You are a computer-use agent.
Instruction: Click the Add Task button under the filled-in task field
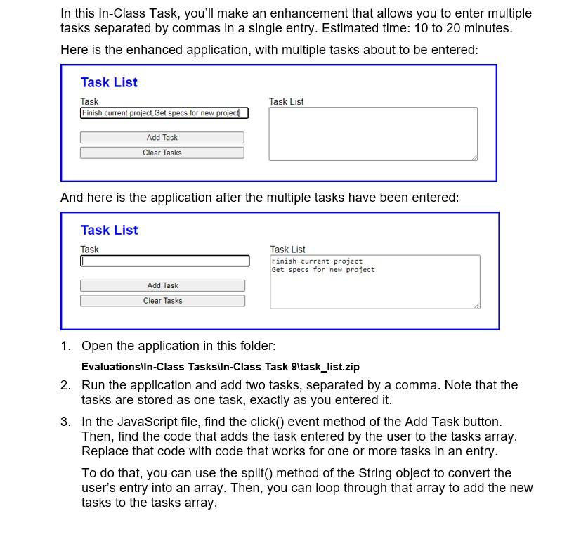coord(162,138)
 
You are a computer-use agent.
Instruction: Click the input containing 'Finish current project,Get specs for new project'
coord(164,113)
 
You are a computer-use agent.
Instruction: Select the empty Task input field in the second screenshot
coord(164,261)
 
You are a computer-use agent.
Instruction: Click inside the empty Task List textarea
coord(372,134)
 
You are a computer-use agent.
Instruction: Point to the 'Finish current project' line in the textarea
coord(317,261)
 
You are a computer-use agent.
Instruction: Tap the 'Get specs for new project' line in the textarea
coord(323,270)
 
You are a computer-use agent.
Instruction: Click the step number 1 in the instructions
coord(65,346)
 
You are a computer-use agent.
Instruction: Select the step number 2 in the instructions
coord(65,385)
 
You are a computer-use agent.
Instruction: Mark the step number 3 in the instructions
coord(65,422)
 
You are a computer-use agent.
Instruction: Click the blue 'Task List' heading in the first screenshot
coord(109,82)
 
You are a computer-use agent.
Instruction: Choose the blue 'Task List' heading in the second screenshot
coord(109,230)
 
